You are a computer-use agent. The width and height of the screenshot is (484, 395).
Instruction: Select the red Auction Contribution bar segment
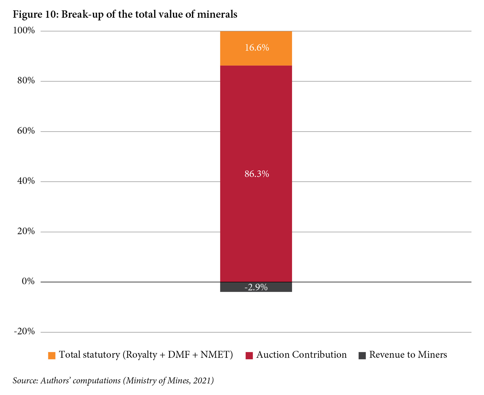256,129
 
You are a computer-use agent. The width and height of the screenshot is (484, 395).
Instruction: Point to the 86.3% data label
257,174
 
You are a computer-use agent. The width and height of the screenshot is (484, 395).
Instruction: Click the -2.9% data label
256,287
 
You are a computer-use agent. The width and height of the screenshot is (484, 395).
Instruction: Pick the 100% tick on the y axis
24,31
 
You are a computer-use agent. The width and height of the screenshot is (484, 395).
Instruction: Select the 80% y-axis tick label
26,81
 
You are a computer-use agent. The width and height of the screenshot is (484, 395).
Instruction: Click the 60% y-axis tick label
26,131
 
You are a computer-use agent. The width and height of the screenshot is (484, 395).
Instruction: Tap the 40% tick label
26,181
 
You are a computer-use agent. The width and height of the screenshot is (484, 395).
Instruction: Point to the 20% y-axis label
26,232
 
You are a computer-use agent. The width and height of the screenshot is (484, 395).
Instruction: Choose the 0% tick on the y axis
28,282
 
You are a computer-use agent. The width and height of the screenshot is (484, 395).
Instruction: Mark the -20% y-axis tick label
24,332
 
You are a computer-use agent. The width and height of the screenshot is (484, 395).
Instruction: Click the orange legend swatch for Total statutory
52,355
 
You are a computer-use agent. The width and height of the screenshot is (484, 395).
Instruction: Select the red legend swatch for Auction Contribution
249,355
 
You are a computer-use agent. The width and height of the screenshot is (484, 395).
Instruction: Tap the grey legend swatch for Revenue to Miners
362,355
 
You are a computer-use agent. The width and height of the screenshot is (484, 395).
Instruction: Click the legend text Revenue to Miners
408,355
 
